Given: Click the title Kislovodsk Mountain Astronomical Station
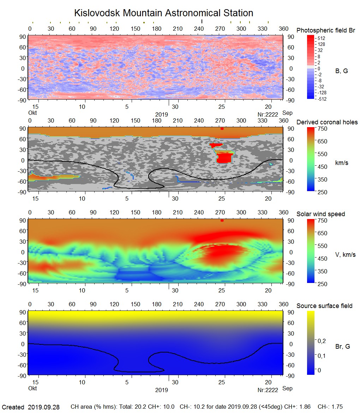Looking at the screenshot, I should click(163, 13).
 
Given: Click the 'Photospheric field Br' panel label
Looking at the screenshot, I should click(326, 30).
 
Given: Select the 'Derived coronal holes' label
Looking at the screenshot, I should click(327, 122).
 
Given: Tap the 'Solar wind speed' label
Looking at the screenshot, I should click(320, 214).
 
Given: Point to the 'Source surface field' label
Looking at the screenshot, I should click(324, 306).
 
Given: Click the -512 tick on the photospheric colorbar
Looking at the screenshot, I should click(322, 99).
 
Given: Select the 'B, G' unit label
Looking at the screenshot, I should click(341, 71).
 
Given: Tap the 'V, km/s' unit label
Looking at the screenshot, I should click(345, 255).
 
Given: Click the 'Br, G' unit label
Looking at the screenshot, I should click(342, 347).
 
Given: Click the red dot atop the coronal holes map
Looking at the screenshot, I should click(222, 129).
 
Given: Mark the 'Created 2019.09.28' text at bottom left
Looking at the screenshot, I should click(31, 407).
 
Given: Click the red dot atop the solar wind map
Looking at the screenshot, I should click(222, 220).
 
